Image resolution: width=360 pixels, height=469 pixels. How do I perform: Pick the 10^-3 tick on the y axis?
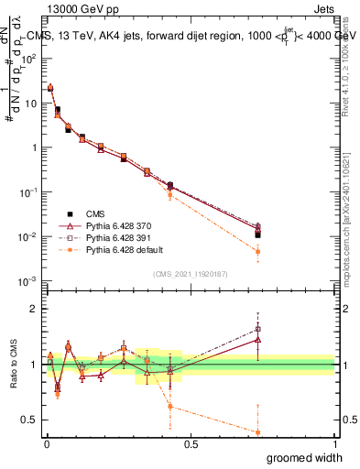(29, 281)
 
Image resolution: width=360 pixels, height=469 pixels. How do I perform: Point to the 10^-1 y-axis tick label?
(29, 192)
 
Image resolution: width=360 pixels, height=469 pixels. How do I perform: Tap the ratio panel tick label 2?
(34, 309)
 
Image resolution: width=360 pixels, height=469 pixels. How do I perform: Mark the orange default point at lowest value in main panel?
(258, 251)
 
